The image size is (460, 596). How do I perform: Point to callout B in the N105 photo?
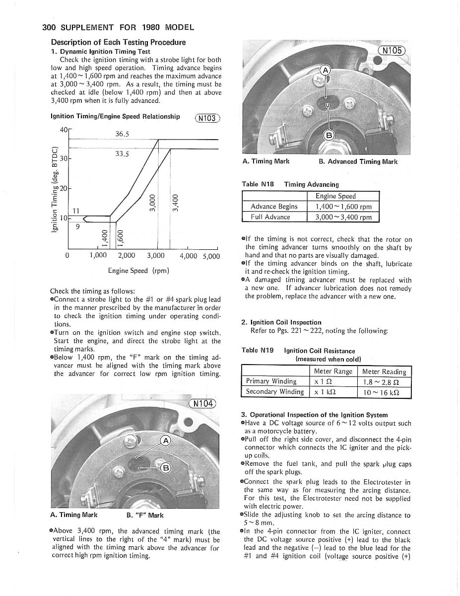[329, 135]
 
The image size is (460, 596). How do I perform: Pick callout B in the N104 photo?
[166, 468]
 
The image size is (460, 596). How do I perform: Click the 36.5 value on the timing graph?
[122, 134]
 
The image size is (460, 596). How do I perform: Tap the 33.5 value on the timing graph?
[122, 154]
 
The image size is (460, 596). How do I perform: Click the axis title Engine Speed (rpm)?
[138, 271]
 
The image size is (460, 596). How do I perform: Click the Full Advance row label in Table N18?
[270, 217]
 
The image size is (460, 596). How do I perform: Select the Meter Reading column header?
[384, 372]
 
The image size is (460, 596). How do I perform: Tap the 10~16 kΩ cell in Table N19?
[384, 392]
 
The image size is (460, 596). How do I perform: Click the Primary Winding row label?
[271, 381]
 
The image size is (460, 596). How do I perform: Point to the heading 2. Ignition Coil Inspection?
[281, 322]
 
